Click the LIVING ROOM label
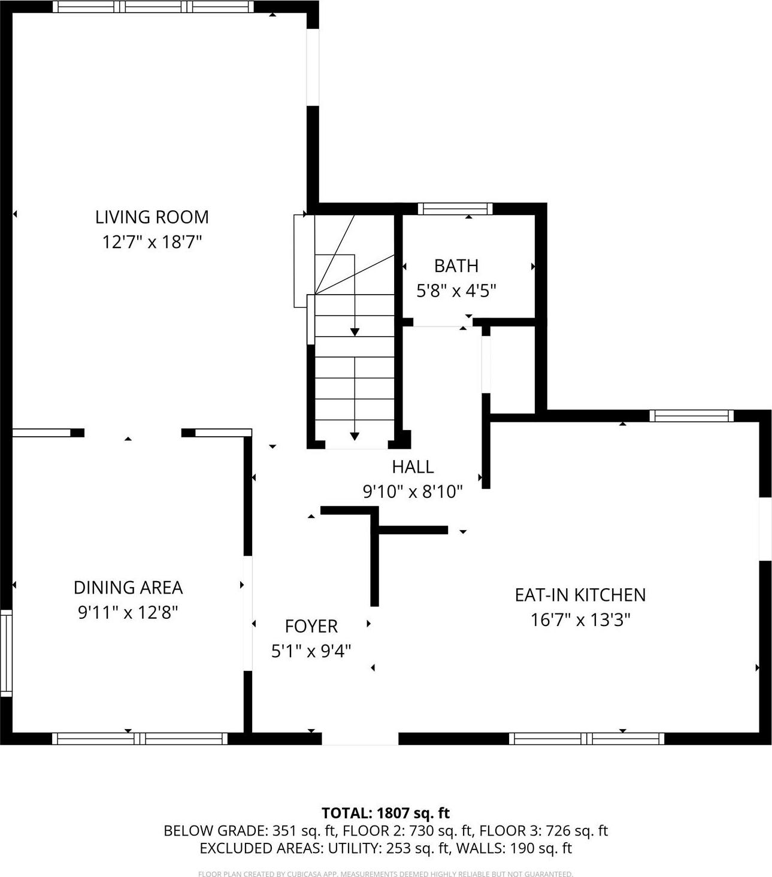tap(152, 217)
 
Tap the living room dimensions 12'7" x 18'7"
tap(152, 243)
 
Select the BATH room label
tap(456, 265)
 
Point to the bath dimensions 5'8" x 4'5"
tap(456, 291)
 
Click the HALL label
tap(413, 467)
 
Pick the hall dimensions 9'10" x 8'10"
tap(413, 492)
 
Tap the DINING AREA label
tap(128, 588)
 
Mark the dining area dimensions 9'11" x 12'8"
tap(128, 613)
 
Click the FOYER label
tap(311, 627)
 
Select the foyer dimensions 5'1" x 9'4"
tap(311, 651)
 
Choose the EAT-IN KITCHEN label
tap(580, 595)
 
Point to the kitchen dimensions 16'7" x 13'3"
tap(580, 620)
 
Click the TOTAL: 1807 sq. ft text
tap(386, 813)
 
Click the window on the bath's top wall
tap(455, 208)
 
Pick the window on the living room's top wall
tap(153, 7)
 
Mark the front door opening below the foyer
tap(360, 738)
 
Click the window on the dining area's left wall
tap(6, 653)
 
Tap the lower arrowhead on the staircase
tap(355, 436)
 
